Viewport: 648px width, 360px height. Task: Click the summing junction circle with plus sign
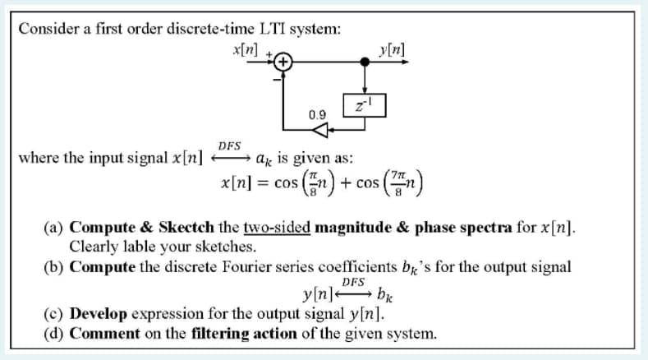tap(283, 62)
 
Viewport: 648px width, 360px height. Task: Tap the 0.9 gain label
tap(316, 113)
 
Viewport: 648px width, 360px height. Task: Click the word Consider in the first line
tap(47, 29)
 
